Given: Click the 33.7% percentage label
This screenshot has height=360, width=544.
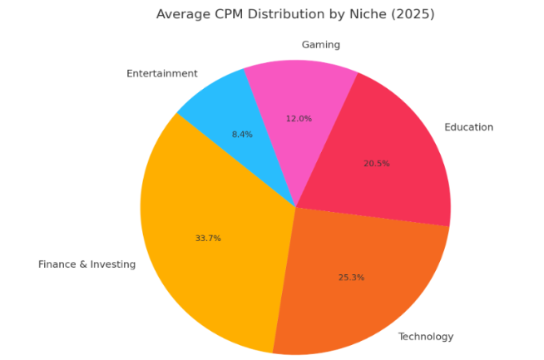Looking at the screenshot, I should click(x=208, y=239).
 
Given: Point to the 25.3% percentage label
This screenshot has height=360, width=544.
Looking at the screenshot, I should click(x=352, y=277).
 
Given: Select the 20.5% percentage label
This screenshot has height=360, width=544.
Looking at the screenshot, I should click(x=376, y=164).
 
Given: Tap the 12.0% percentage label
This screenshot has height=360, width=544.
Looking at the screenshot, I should click(x=299, y=119).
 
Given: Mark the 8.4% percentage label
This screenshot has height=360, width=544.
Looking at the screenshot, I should click(x=242, y=134).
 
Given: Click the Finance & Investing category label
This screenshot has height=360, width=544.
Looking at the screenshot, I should click(x=87, y=264).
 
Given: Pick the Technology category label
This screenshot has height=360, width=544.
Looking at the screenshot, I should click(x=426, y=337).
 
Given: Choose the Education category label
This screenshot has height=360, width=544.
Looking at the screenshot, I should click(x=468, y=127).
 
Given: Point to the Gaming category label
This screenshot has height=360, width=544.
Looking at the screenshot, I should click(x=320, y=45).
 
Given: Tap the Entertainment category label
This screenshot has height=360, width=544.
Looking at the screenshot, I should click(x=162, y=74).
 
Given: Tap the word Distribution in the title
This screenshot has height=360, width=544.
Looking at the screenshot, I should click(x=288, y=14).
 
